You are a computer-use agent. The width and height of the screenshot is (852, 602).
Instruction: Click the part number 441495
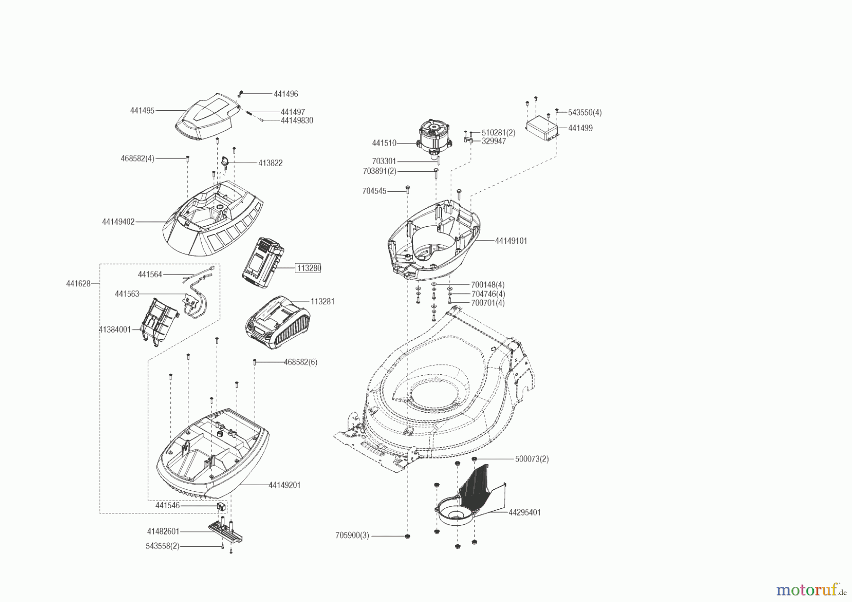(142, 111)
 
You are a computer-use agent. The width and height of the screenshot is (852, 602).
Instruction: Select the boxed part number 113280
(308, 268)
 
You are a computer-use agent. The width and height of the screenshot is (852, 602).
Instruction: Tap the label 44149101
(511, 240)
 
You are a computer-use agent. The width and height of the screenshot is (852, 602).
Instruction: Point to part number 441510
(384, 143)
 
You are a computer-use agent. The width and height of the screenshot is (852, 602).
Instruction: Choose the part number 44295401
(524, 512)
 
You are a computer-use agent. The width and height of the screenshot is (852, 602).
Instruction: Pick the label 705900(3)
(352, 536)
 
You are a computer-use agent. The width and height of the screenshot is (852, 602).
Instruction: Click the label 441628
(78, 284)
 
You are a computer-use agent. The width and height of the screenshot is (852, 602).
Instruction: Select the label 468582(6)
(301, 362)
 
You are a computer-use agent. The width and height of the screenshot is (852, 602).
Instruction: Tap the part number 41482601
(163, 531)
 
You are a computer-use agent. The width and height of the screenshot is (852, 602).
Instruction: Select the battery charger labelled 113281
(277, 322)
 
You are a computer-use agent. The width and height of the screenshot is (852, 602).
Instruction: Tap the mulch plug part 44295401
(469, 497)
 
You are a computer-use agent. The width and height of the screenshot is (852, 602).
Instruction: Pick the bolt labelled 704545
(408, 190)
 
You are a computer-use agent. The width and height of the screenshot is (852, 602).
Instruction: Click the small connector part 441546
(221, 506)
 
